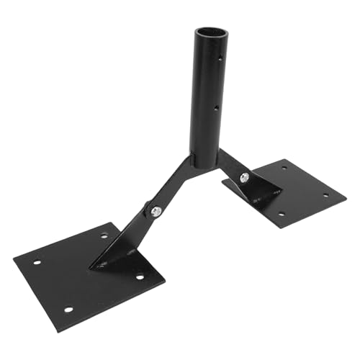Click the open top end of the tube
coord(207,32)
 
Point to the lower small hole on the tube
coord(217,109)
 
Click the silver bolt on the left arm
coord(156,210)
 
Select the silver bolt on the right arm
coord(246,177)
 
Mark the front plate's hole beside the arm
coord(104,235)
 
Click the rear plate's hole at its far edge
coord(284,168)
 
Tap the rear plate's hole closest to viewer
coord(279,214)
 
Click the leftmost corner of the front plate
coord(14,260)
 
